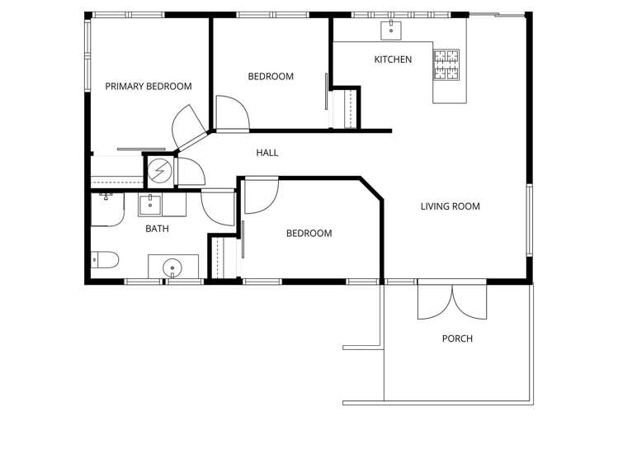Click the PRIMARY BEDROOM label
pos(149,86)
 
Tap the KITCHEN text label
pos(393,59)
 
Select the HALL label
pos(267,153)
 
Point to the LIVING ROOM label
pos(450,206)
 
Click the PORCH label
pos(457,339)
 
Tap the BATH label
pos(157,229)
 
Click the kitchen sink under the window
pos(390,31)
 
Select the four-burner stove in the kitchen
pos(446,66)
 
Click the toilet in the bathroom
pos(105,261)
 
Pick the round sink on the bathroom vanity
pos(172,267)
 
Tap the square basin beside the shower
pos(150,204)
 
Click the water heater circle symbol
pos(160,170)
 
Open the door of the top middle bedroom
pos(231,113)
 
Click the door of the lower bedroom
pos(261,195)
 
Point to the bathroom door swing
pos(218,206)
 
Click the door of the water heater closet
pos(190,171)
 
